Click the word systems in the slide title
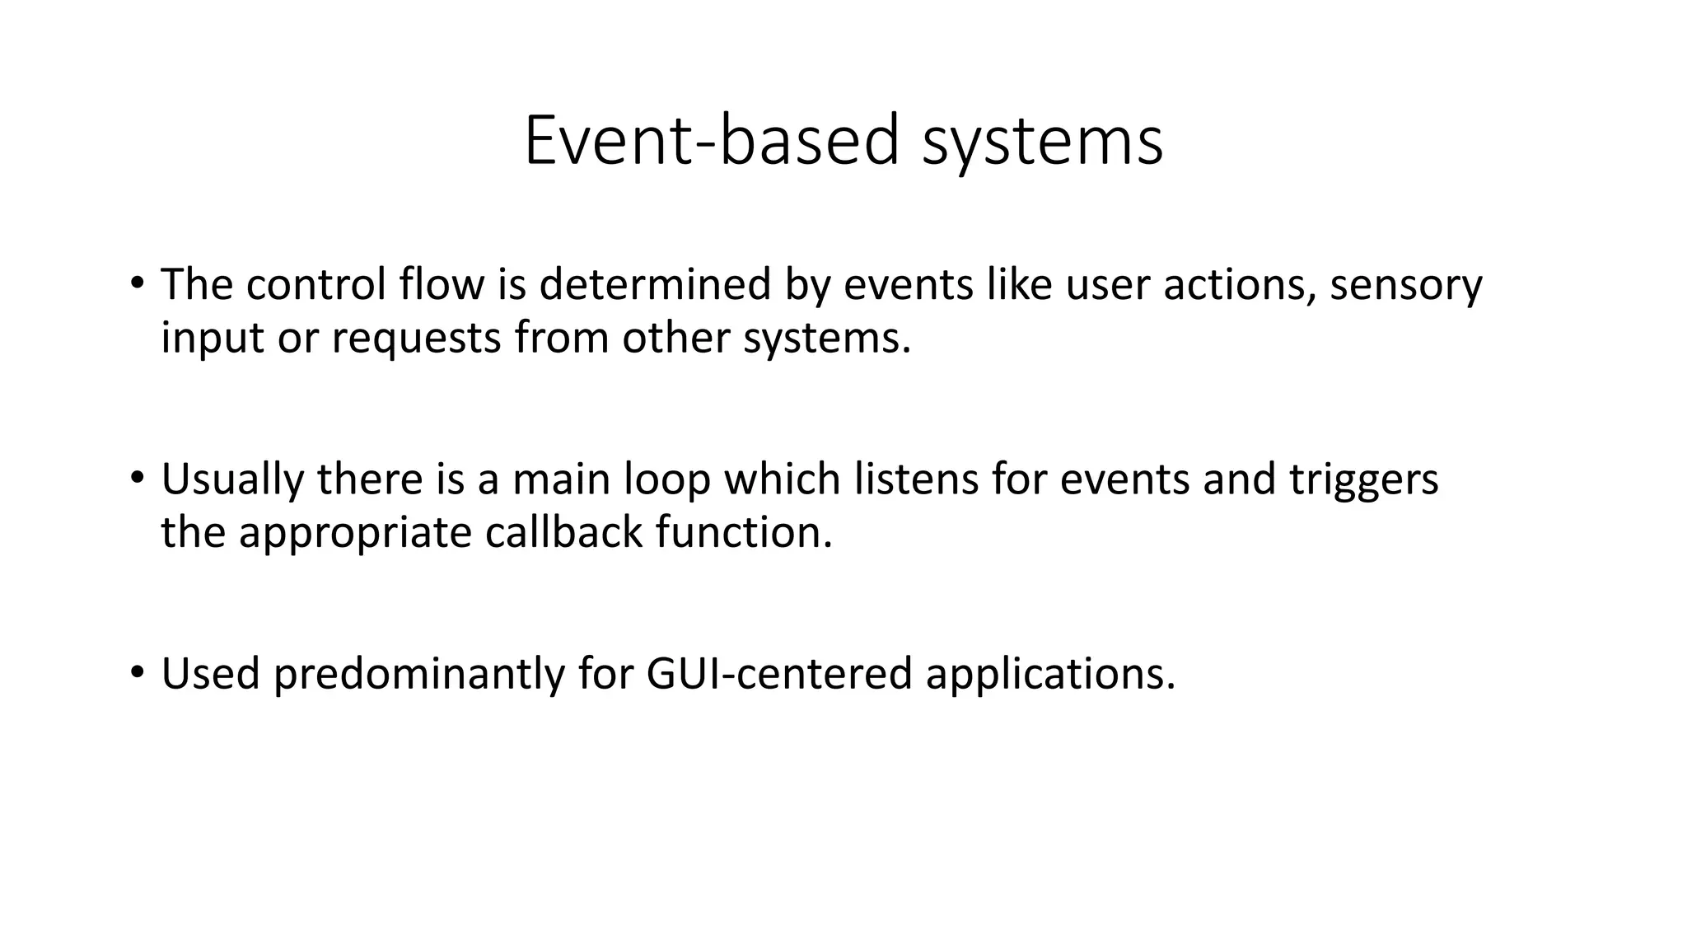pyautogui.click(x=1042, y=142)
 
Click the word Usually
pyautogui.click(x=232, y=479)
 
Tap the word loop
pyautogui.click(x=666, y=479)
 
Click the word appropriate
pyautogui.click(x=355, y=533)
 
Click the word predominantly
pyautogui.click(x=418, y=674)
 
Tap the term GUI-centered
pyautogui.click(x=779, y=674)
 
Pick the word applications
pyautogui.click(x=1050, y=674)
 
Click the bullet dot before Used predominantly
pyautogui.click(x=136, y=672)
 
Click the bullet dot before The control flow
pyautogui.click(x=136, y=283)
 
